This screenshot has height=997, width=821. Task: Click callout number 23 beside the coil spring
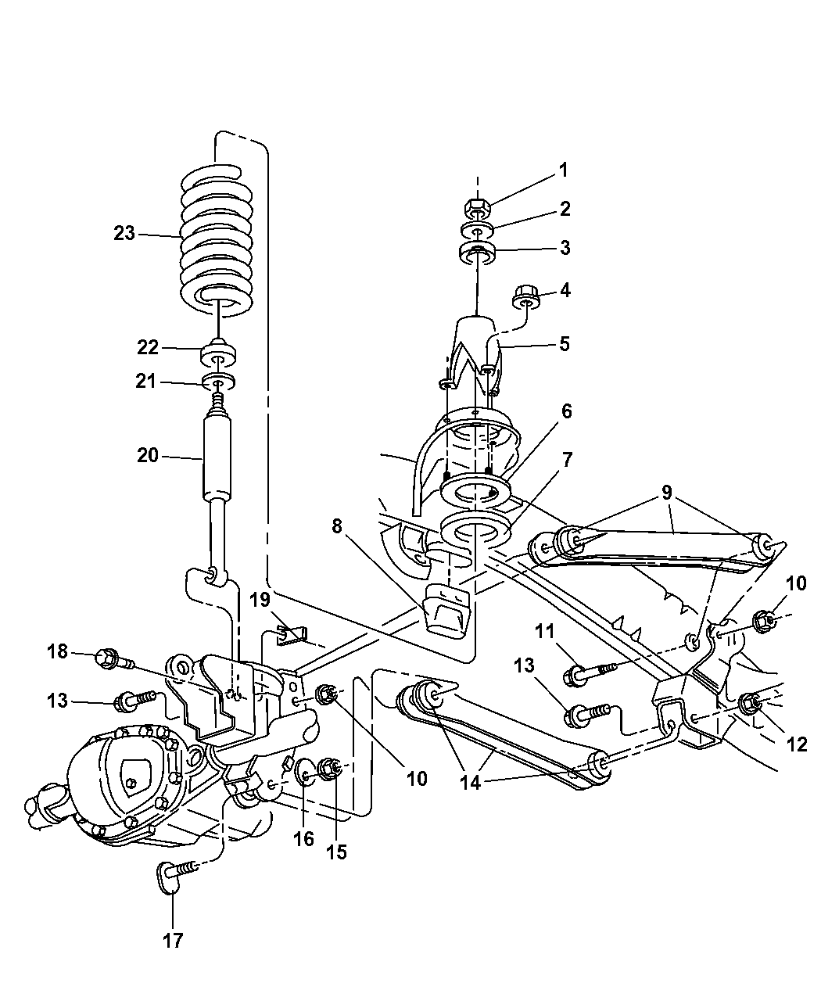pyautogui.click(x=124, y=233)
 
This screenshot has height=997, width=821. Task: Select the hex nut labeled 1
pyautogui.click(x=476, y=208)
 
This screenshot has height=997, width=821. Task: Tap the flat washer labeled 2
pyautogui.click(x=476, y=231)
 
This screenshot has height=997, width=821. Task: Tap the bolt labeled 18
pyautogui.click(x=109, y=659)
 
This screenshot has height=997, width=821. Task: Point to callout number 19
pyautogui.click(x=260, y=600)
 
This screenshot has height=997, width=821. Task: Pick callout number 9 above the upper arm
pyautogui.click(x=666, y=493)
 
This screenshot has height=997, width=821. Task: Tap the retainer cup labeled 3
pyautogui.click(x=476, y=255)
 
